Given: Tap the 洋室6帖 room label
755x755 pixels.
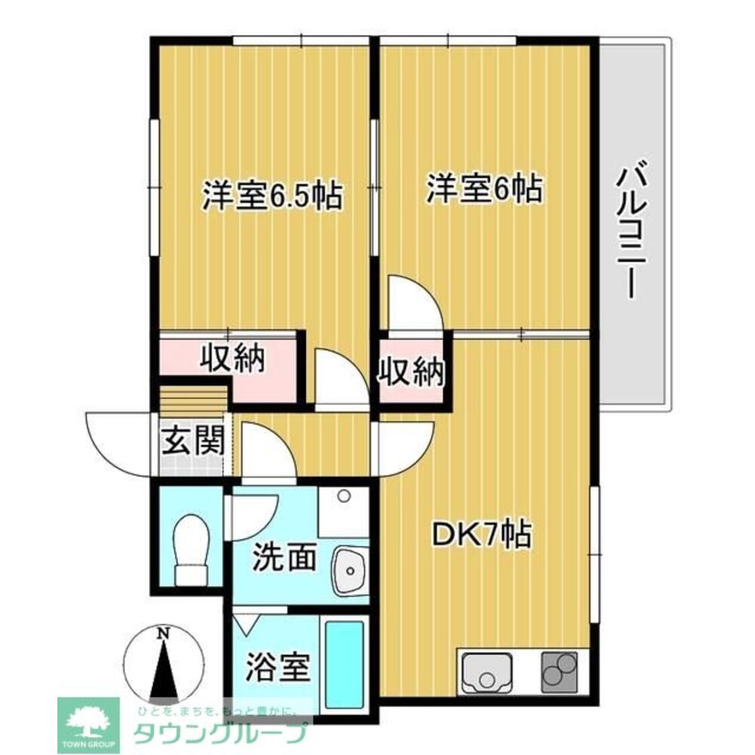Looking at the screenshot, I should (484, 189).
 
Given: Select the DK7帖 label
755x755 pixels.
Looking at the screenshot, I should (481, 535).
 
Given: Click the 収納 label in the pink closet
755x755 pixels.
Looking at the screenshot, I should (233, 359).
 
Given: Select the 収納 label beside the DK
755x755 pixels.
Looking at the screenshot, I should (411, 371).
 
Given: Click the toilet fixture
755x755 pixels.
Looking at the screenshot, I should (190, 547).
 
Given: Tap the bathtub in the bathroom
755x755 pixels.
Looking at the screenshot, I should (345, 664).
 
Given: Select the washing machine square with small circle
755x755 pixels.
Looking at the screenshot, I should (344, 510).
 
